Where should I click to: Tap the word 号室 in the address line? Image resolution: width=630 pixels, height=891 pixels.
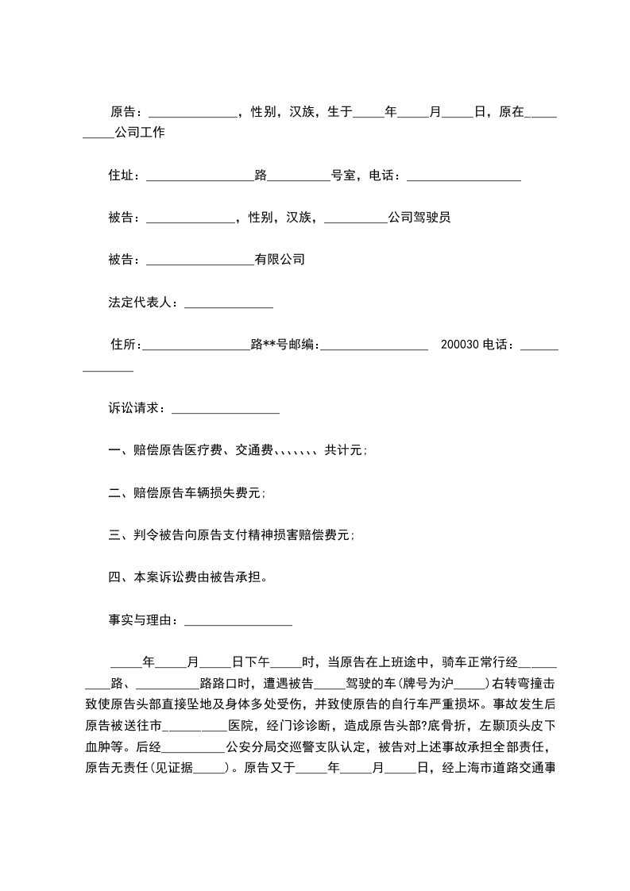coord(343,175)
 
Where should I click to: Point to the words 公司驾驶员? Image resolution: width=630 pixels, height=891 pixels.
coord(419,218)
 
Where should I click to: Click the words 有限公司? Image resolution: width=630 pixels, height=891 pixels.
coord(280,260)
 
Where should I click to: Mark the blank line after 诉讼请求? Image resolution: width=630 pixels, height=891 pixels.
coord(226,411)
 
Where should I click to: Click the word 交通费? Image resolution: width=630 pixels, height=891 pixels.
coord(254,450)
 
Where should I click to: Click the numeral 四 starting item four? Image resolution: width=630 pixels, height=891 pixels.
coord(114,577)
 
